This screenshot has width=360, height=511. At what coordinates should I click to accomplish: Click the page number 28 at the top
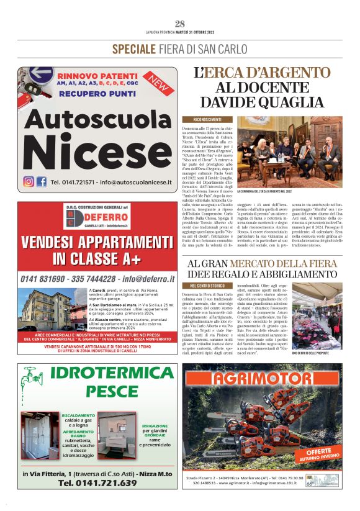180,24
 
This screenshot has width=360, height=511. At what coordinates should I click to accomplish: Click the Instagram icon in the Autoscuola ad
29,182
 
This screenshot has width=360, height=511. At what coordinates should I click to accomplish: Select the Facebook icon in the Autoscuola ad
42,182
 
